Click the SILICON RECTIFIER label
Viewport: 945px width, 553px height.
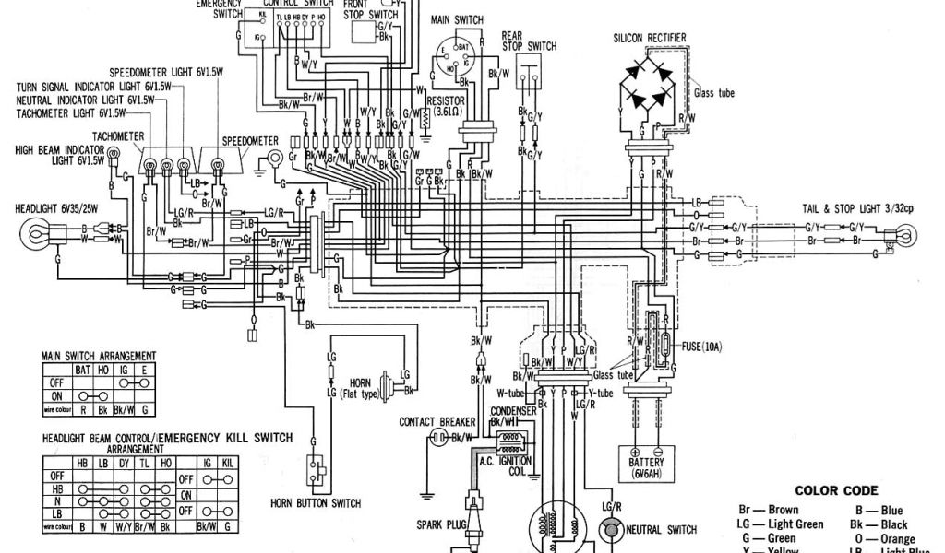655,37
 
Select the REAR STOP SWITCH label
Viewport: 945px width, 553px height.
529,41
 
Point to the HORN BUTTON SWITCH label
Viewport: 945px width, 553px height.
316,503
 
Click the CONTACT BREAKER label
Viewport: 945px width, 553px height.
437,421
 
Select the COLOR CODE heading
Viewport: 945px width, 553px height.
836,491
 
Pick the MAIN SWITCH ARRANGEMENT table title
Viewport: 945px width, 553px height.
98,356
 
